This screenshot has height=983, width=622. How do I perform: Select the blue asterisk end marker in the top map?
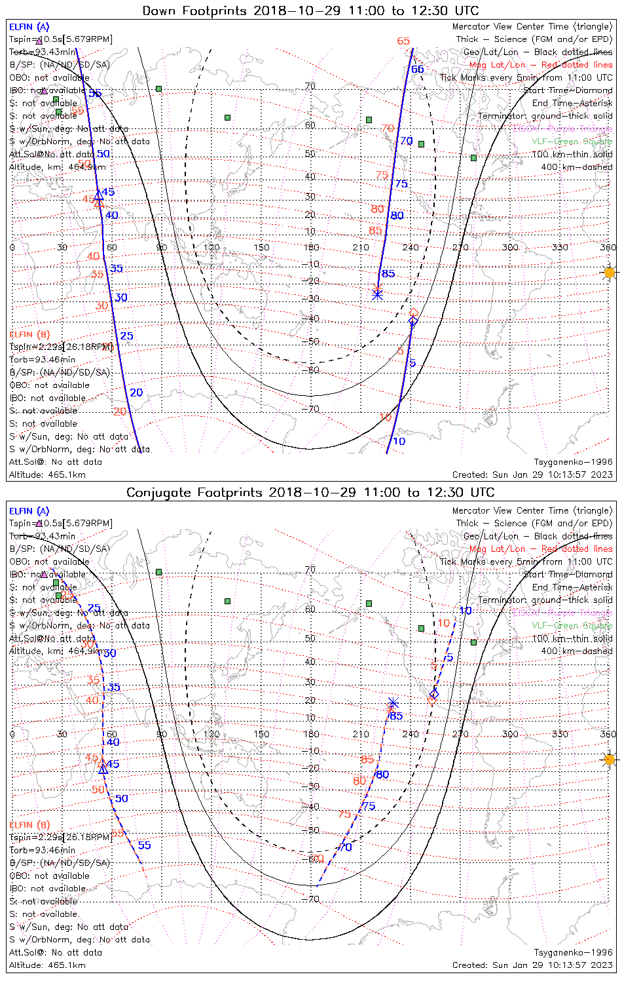(377, 294)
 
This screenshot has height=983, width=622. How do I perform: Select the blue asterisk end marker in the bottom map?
(393, 704)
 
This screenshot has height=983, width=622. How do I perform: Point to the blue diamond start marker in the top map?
(412, 321)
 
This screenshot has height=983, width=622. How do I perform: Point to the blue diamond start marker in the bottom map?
(434, 693)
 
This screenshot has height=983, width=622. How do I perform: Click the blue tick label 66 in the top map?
(417, 69)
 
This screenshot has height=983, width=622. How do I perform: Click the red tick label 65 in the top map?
(403, 41)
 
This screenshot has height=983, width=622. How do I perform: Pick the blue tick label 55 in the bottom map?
(144, 845)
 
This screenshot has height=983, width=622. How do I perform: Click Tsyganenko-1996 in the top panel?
(573, 462)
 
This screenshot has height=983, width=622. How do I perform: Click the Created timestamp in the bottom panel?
(532, 965)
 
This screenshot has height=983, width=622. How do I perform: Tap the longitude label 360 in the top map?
(608, 247)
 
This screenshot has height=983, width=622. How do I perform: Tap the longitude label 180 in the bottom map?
(311, 734)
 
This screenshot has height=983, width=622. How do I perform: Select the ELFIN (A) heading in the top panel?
(29, 27)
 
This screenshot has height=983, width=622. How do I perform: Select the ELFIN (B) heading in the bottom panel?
(29, 824)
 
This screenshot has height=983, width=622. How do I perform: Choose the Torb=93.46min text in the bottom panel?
(43, 850)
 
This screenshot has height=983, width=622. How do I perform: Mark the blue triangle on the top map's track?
(99, 194)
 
